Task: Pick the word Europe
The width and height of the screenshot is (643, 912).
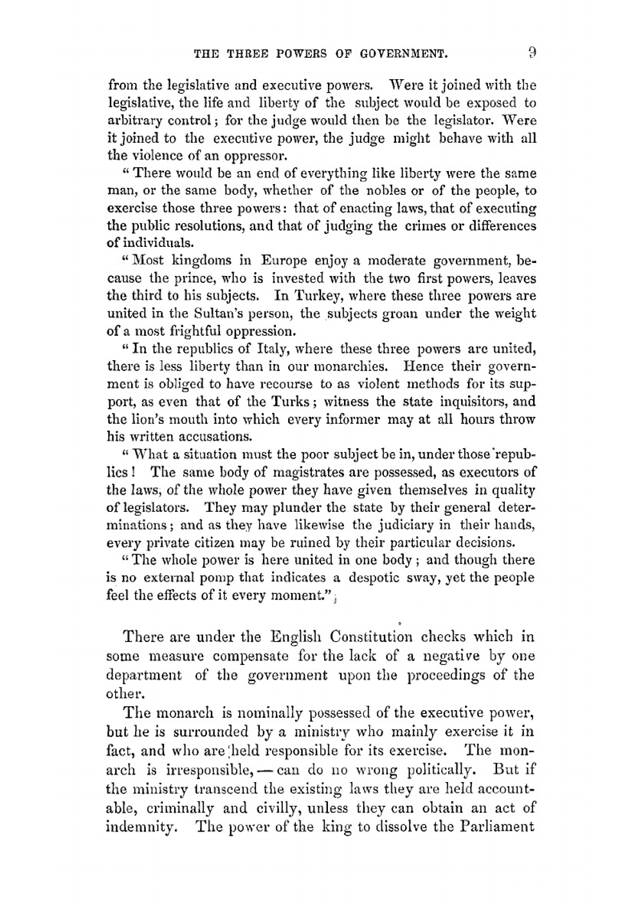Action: click(x=284, y=261)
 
